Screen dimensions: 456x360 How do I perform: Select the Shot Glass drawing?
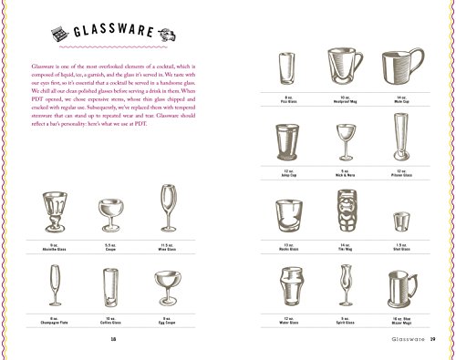tap(401, 221)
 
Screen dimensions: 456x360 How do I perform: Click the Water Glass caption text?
tap(287, 322)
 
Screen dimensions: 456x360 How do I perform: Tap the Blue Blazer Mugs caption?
tap(401, 322)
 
